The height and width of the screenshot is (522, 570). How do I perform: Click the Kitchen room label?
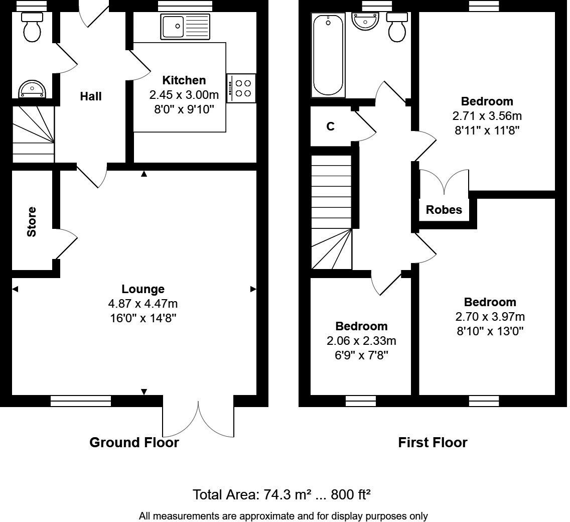click(184, 80)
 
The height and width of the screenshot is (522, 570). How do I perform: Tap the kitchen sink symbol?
click(185, 26)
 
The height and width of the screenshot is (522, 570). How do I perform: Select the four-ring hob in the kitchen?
click(243, 88)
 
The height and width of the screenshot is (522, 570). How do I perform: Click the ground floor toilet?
click(32, 28)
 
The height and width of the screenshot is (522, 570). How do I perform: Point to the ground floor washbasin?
click(32, 90)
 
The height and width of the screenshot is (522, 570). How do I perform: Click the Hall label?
click(91, 96)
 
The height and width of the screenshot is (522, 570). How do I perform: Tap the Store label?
click(32, 222)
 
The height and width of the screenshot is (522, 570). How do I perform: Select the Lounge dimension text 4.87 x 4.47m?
click(143, 304)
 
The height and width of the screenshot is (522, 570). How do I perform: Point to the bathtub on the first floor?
click(328, 55)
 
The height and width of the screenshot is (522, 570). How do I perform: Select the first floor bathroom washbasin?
click(366, 22)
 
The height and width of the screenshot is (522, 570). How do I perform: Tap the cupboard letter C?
click(330, 127)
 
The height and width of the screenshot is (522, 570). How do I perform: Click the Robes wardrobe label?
click(444, 210)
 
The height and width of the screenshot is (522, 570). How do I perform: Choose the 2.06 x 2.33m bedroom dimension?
click(361, 341)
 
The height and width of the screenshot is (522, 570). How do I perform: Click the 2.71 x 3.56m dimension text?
click(487, 116)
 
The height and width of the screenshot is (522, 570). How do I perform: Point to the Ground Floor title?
click(134, 443)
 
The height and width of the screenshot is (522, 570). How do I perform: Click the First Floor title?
click(433, 443)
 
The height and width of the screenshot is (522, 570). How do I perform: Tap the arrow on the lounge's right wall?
click(253, 289)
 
